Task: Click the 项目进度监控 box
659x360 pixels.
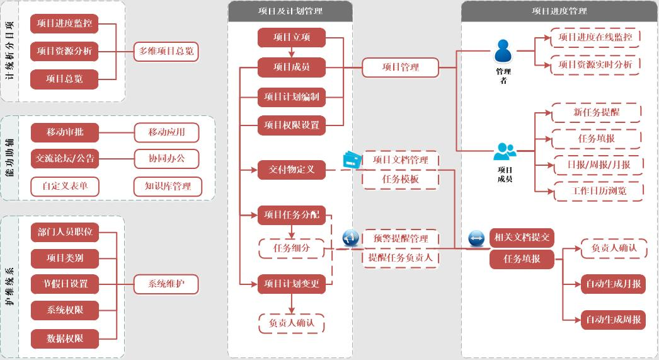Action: [x=64, y=24]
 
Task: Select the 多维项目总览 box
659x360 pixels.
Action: [x=166, y=52]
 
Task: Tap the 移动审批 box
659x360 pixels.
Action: [x=64, y=132]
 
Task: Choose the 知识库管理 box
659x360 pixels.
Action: [x=168, y=186]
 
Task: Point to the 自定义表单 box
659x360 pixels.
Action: [x=64, y=186]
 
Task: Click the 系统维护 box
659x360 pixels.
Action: [x=166, y=284]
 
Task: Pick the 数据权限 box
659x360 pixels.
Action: [x=64, y=339]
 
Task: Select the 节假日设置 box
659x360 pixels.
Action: [x=64, y=284]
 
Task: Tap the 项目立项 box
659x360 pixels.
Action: [x=292, y=37]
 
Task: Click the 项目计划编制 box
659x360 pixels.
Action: [x=292, y=97]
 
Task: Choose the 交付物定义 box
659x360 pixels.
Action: [x=292, y=169]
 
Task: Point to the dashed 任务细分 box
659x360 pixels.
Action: [x=292, y=248]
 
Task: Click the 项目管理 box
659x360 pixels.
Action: [x=400, y=67]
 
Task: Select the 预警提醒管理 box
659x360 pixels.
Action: [x=400, y=238]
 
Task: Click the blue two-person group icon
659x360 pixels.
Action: [x=504, y=152]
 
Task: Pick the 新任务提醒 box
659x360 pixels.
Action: [x=596, y=112]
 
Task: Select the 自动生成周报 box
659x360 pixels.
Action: [x=613, y=320]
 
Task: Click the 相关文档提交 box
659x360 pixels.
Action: [x=522, y=238]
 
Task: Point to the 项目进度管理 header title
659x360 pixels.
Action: [x=559, y=11]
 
